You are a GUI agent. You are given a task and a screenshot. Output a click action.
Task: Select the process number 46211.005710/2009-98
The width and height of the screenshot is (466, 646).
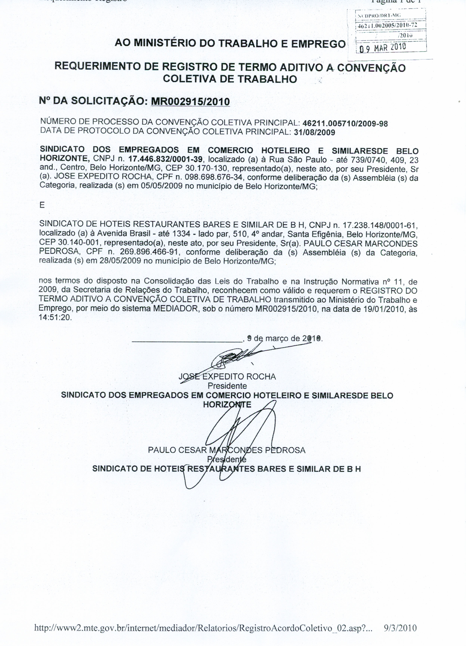click(345, 123)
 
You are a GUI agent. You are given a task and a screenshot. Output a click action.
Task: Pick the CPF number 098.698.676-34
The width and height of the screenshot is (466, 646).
click(214, 177)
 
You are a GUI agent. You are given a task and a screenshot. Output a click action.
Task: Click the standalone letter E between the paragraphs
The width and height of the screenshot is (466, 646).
click(42, 205)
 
